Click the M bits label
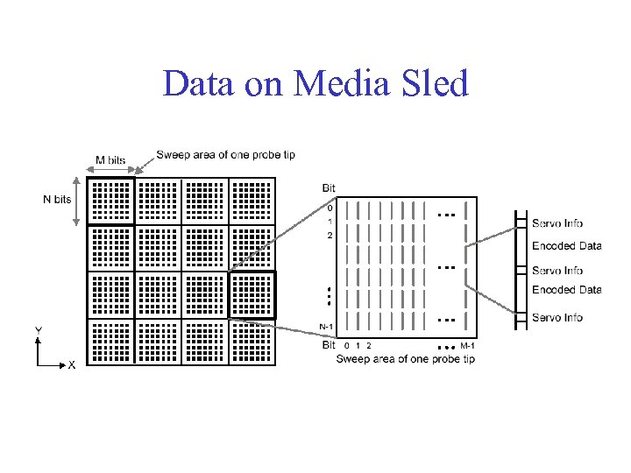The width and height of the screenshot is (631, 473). point(110,160)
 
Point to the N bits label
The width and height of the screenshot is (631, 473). point(58,200)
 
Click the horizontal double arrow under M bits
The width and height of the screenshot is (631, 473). point(110,171)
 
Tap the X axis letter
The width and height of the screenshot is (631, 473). point(72,364)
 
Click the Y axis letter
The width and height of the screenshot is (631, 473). point(39,329)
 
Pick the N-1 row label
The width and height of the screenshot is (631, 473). point(325,327)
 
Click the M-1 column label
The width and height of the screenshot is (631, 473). point(467,346)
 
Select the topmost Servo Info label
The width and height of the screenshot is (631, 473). point(557,223)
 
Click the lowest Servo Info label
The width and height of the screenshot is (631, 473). point(557,317)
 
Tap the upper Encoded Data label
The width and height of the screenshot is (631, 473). point(566,246)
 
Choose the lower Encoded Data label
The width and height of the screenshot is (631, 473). point(566,290)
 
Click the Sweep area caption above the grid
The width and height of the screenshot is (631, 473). point(225,155)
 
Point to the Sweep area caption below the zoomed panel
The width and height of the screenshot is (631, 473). point(405,358)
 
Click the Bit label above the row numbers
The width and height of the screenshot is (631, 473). point(329,188)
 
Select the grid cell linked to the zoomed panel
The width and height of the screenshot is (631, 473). point(252,295)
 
